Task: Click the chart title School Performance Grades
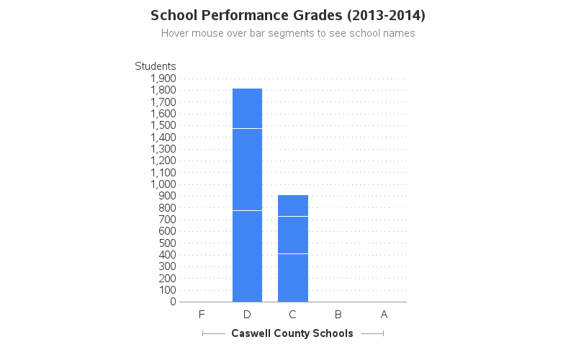(x=288, y=15)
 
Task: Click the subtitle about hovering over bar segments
(x=288, y=33)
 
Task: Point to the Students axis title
(x=156, y=66)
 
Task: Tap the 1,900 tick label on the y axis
(x=163, y=78)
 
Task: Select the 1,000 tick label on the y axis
(x=163, y=184)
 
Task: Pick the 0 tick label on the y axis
(x=174, y=302)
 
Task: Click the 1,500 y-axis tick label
(x=163, y=125)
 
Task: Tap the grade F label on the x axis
(x=202, y=315)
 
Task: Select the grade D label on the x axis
(x=247, y=315)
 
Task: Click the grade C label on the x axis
(x=292, y=315)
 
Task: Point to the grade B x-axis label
(x=338, y=315)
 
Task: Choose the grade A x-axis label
(x=384, y=315)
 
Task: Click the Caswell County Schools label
(x=292, y=333)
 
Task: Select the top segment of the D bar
(x=247, y=109)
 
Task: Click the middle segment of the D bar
(x=247, y=169)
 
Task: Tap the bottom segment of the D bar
(x=247, y=256)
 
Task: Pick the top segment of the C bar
(x=293, y=205)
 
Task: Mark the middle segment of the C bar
(x=293, y=235)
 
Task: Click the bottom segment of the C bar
(x=293, y=278)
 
